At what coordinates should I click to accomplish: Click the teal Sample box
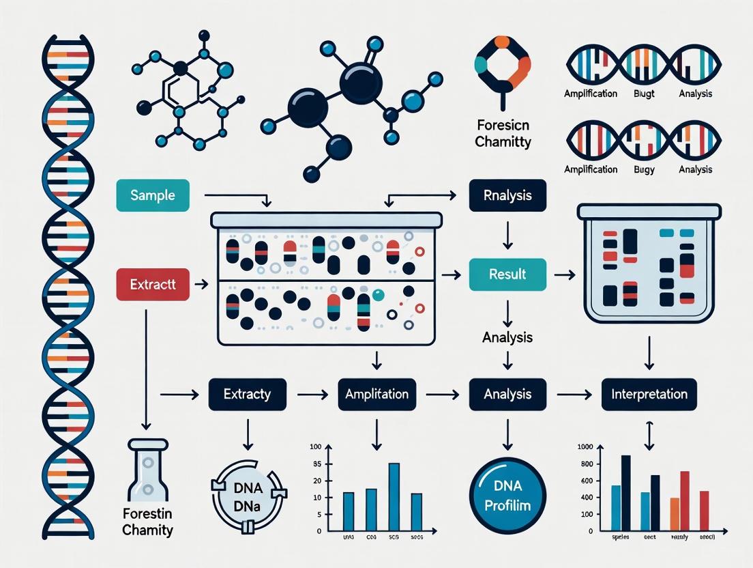pos(153,196)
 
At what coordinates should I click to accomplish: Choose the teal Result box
pos(507,274)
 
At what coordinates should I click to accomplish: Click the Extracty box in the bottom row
pos(247,394)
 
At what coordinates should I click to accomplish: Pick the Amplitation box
pos(376,394)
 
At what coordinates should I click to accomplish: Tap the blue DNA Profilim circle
pos(507,496)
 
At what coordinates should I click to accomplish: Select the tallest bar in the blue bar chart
pos(394,497)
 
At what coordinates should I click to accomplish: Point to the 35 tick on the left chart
pos(316,464)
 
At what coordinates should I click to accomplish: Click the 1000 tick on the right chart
pos(585,447)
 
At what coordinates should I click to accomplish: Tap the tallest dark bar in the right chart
pos(625,493)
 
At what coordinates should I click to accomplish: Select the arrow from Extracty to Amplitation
pos(312,394)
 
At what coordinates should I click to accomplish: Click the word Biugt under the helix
pos(645,94)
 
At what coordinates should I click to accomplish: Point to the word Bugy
pos(644,169)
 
